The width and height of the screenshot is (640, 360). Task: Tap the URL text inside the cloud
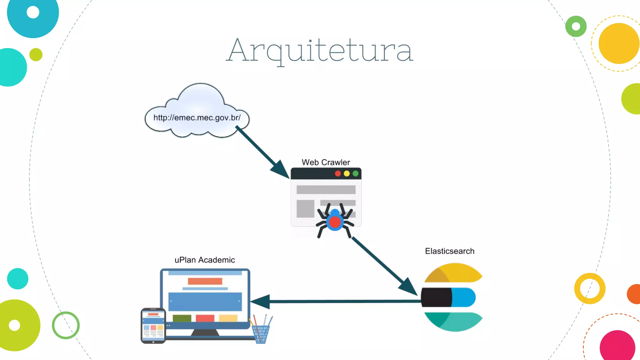pos(197,118)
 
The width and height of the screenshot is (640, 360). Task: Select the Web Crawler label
pos(326,162)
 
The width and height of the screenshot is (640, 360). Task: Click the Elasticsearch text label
pos(449,251)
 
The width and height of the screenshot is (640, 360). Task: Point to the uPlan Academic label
pos(205,260)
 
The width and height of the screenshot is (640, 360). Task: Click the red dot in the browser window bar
pos(338,173)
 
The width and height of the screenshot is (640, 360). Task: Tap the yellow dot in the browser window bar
pos(347,173)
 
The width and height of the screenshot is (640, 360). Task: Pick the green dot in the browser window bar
pos(356,173)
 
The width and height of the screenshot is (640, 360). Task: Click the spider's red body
pos(335,222)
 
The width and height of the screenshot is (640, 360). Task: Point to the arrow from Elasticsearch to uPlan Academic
pos(337,301)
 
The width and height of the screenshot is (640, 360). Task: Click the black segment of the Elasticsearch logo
pos(436,297)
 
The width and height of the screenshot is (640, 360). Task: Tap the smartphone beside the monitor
pos(153,326)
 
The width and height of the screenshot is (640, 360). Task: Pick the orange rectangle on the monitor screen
pos(205,281)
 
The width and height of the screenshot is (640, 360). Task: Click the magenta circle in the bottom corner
pos(617,346)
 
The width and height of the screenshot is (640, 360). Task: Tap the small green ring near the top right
pos(576,26)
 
